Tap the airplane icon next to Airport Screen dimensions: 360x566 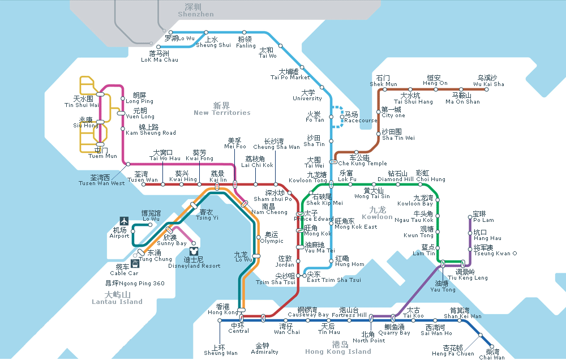(124, 220)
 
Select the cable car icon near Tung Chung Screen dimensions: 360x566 (135, 264)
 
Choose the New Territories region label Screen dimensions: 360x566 (222, 109)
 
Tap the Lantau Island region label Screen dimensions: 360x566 (117, 298)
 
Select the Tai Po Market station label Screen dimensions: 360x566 (290, 75)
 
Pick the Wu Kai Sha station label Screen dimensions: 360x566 (488, 81)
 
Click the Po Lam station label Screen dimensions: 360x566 (483, 217)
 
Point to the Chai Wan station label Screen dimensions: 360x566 (492, 354)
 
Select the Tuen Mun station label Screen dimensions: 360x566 (102, 153)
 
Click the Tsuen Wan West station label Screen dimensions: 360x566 (102, 180)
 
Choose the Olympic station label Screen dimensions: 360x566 (271, 238)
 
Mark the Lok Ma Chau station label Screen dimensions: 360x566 (160, 57)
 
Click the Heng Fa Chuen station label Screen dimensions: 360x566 (453, 350)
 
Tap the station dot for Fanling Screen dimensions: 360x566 (244, 32)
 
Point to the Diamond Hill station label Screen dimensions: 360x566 (396, 176)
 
